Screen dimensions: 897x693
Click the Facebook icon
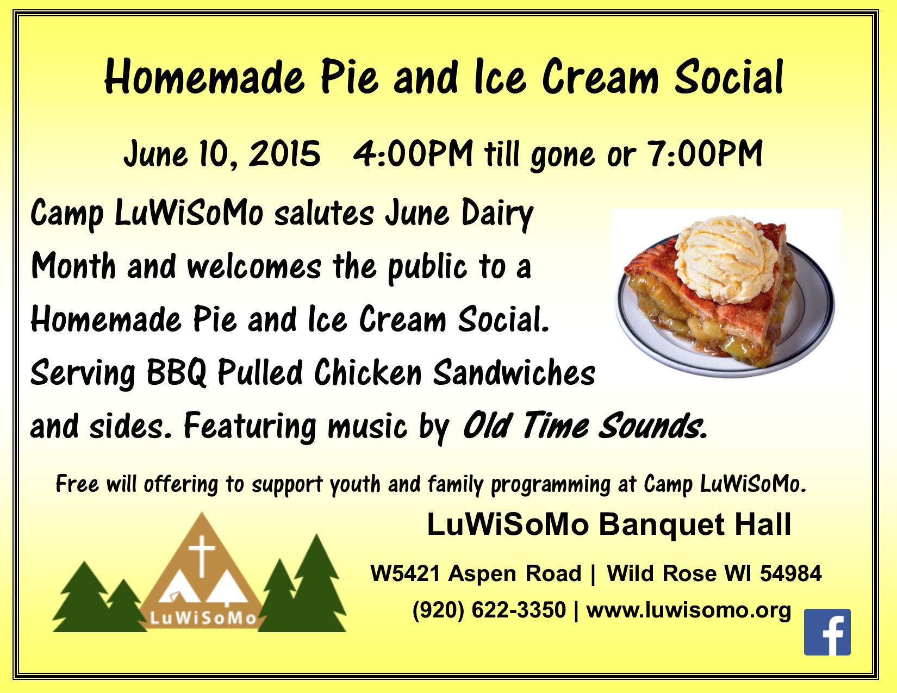pyautogui.click(x=827, y=632)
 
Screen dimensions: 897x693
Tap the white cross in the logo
pyautogui.click(x=202, y=555)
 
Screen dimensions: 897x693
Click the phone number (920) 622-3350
pyautogui.click(x=489, y=610)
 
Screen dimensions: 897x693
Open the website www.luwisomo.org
pyautogui.click(x=689, y=610)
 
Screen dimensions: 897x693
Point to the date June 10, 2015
pyautogui.click(x=222, y=153)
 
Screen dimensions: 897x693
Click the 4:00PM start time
pyautogui.click(x=413, y=153)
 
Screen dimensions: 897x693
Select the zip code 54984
pyautogui.click(x=790, y=573)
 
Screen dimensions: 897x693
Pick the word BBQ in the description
pyautogui.click(x=177, y=372)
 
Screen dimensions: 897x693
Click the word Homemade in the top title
pyautogui.click(x=205, y=77)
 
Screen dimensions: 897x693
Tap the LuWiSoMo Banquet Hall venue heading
pyautogui.click(x=609, y=524)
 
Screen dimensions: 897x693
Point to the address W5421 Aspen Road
pyautogui.click(x=476, y=573)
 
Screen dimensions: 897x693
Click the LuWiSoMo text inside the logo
pyautogui.click(x=203, y=619)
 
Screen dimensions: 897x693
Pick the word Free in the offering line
pyautogui.click(x=77, y=484)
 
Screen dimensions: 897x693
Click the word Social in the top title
pyautogui.click(x=728, y=77)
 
